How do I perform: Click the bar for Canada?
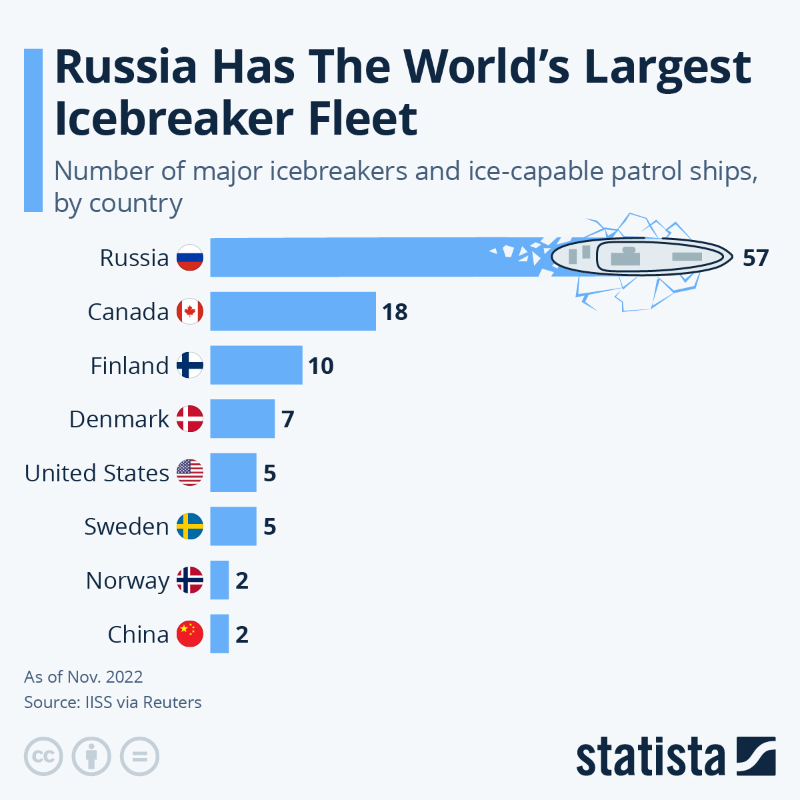click(293, 311)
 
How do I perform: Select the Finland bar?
click(256, 365)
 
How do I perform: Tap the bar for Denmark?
click(242, 419)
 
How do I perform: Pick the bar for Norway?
click(219, 580)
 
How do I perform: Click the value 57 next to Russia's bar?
click(755, 258)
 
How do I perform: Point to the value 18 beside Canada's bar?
click(395, 312)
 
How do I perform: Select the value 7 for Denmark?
click(287, 419)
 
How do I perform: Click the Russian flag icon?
click(190, 258)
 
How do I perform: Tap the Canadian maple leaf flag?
click(190, 311)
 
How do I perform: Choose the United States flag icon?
click(190, 473)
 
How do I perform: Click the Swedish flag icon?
click(190, 527)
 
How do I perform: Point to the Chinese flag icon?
click(190, 634)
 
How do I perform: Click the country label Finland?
click(129, 366)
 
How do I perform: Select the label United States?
click(97, 473)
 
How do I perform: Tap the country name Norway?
click(127, 581)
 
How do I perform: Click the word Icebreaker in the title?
click(173, 119)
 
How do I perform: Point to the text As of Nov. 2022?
click(83, 677)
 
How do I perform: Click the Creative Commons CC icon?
click(43, 757)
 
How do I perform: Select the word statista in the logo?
click(650, 757)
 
